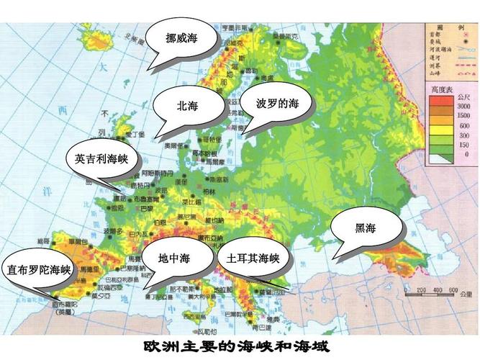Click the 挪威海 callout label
[x=181, y=37]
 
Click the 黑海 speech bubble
[x=366, y=228]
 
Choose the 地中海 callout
[x=174, y=258]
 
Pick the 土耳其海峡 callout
[x=253, y=258]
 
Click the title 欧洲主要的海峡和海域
[x=236, y=346]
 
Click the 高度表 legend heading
[x=440, y=89]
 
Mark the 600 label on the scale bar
[x=453, y=290]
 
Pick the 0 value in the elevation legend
[x=463, y=153]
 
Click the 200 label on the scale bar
[x=421, y=290]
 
